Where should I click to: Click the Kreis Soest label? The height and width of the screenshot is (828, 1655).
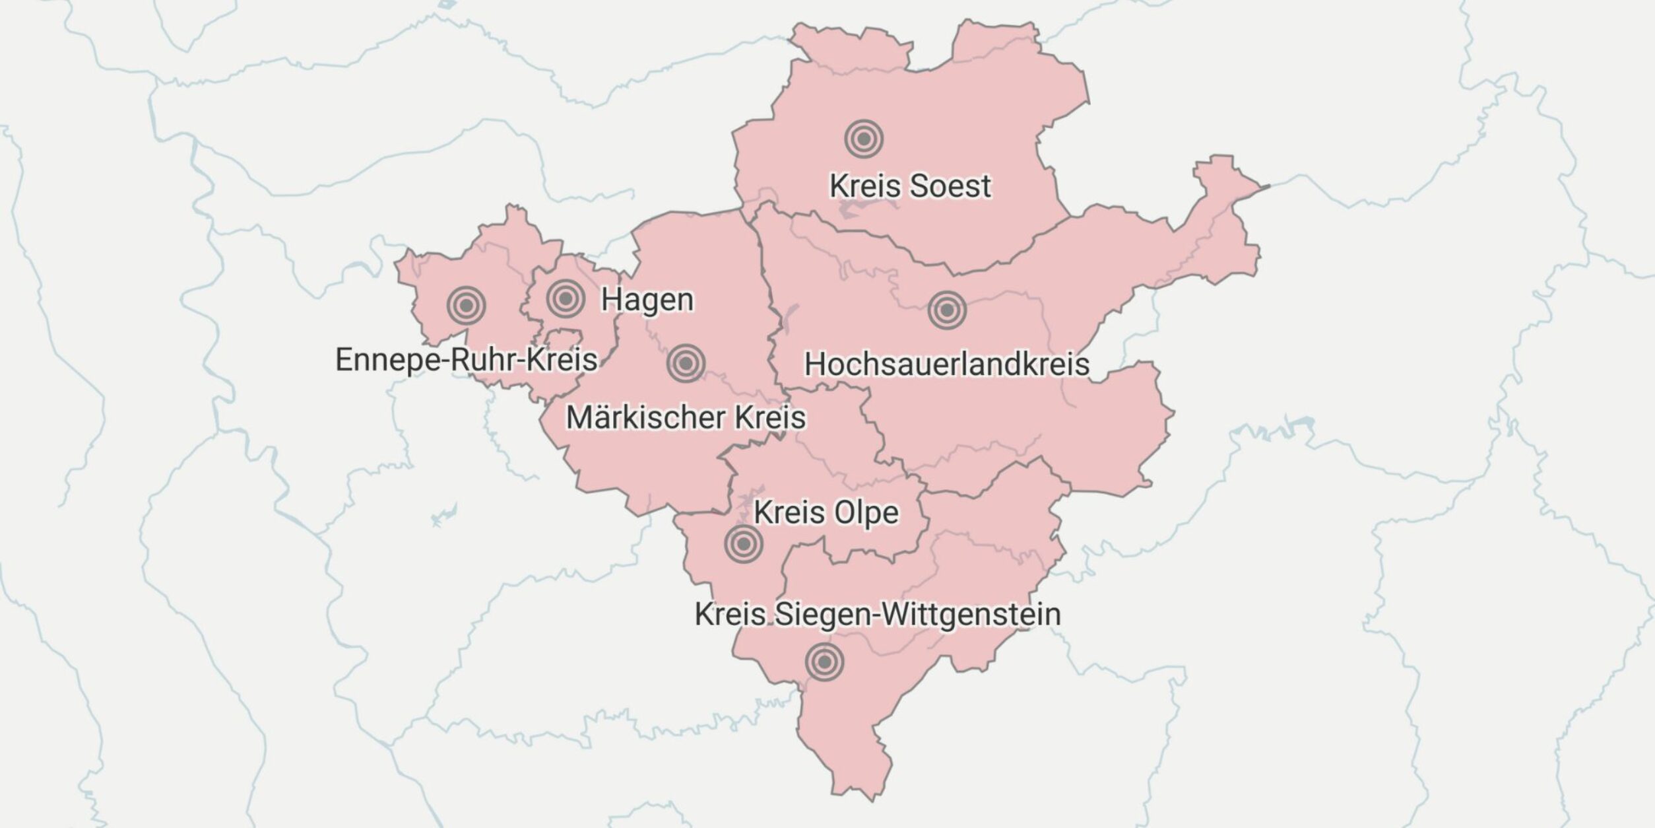[x=910, y=186]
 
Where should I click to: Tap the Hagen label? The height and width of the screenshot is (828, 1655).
[x=647, y=300]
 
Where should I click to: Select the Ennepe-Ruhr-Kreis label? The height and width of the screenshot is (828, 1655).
[x=466, y=360]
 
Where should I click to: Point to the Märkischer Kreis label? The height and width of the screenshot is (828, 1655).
[x=686, y=417]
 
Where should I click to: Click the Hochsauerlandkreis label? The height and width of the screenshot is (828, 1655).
[x=946, y=364]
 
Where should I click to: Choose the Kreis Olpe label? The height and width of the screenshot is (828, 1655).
[x=826, y=512]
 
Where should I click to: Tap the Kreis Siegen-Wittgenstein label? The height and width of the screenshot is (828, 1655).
[x=878, y=614]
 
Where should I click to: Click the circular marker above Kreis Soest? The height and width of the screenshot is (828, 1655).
[x=863, y=139]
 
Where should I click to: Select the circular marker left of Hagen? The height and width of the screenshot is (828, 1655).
[x=566, y=298]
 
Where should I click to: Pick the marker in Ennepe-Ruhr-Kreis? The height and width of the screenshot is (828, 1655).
[x=466, y=306]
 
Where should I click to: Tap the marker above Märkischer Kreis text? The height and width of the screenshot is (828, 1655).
[x=686, y=363]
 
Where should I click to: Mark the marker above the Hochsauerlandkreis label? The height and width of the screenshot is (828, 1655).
[x=947, y=310]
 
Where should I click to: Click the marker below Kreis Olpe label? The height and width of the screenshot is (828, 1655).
[x=744, y=543]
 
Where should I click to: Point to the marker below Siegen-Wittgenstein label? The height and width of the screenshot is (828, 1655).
[x=824, y=662]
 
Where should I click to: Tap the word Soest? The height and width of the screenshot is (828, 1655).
[x=950, y=186]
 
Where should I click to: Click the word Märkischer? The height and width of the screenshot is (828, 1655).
[x=646, y=417]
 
